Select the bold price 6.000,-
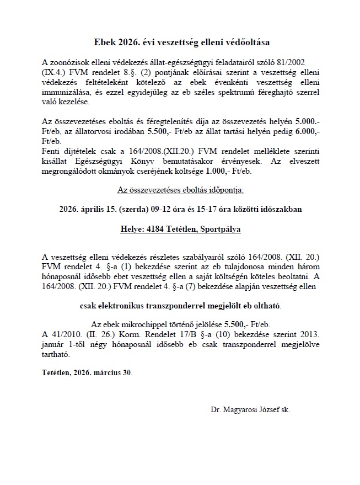306,131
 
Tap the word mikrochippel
135,326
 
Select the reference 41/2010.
60,335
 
